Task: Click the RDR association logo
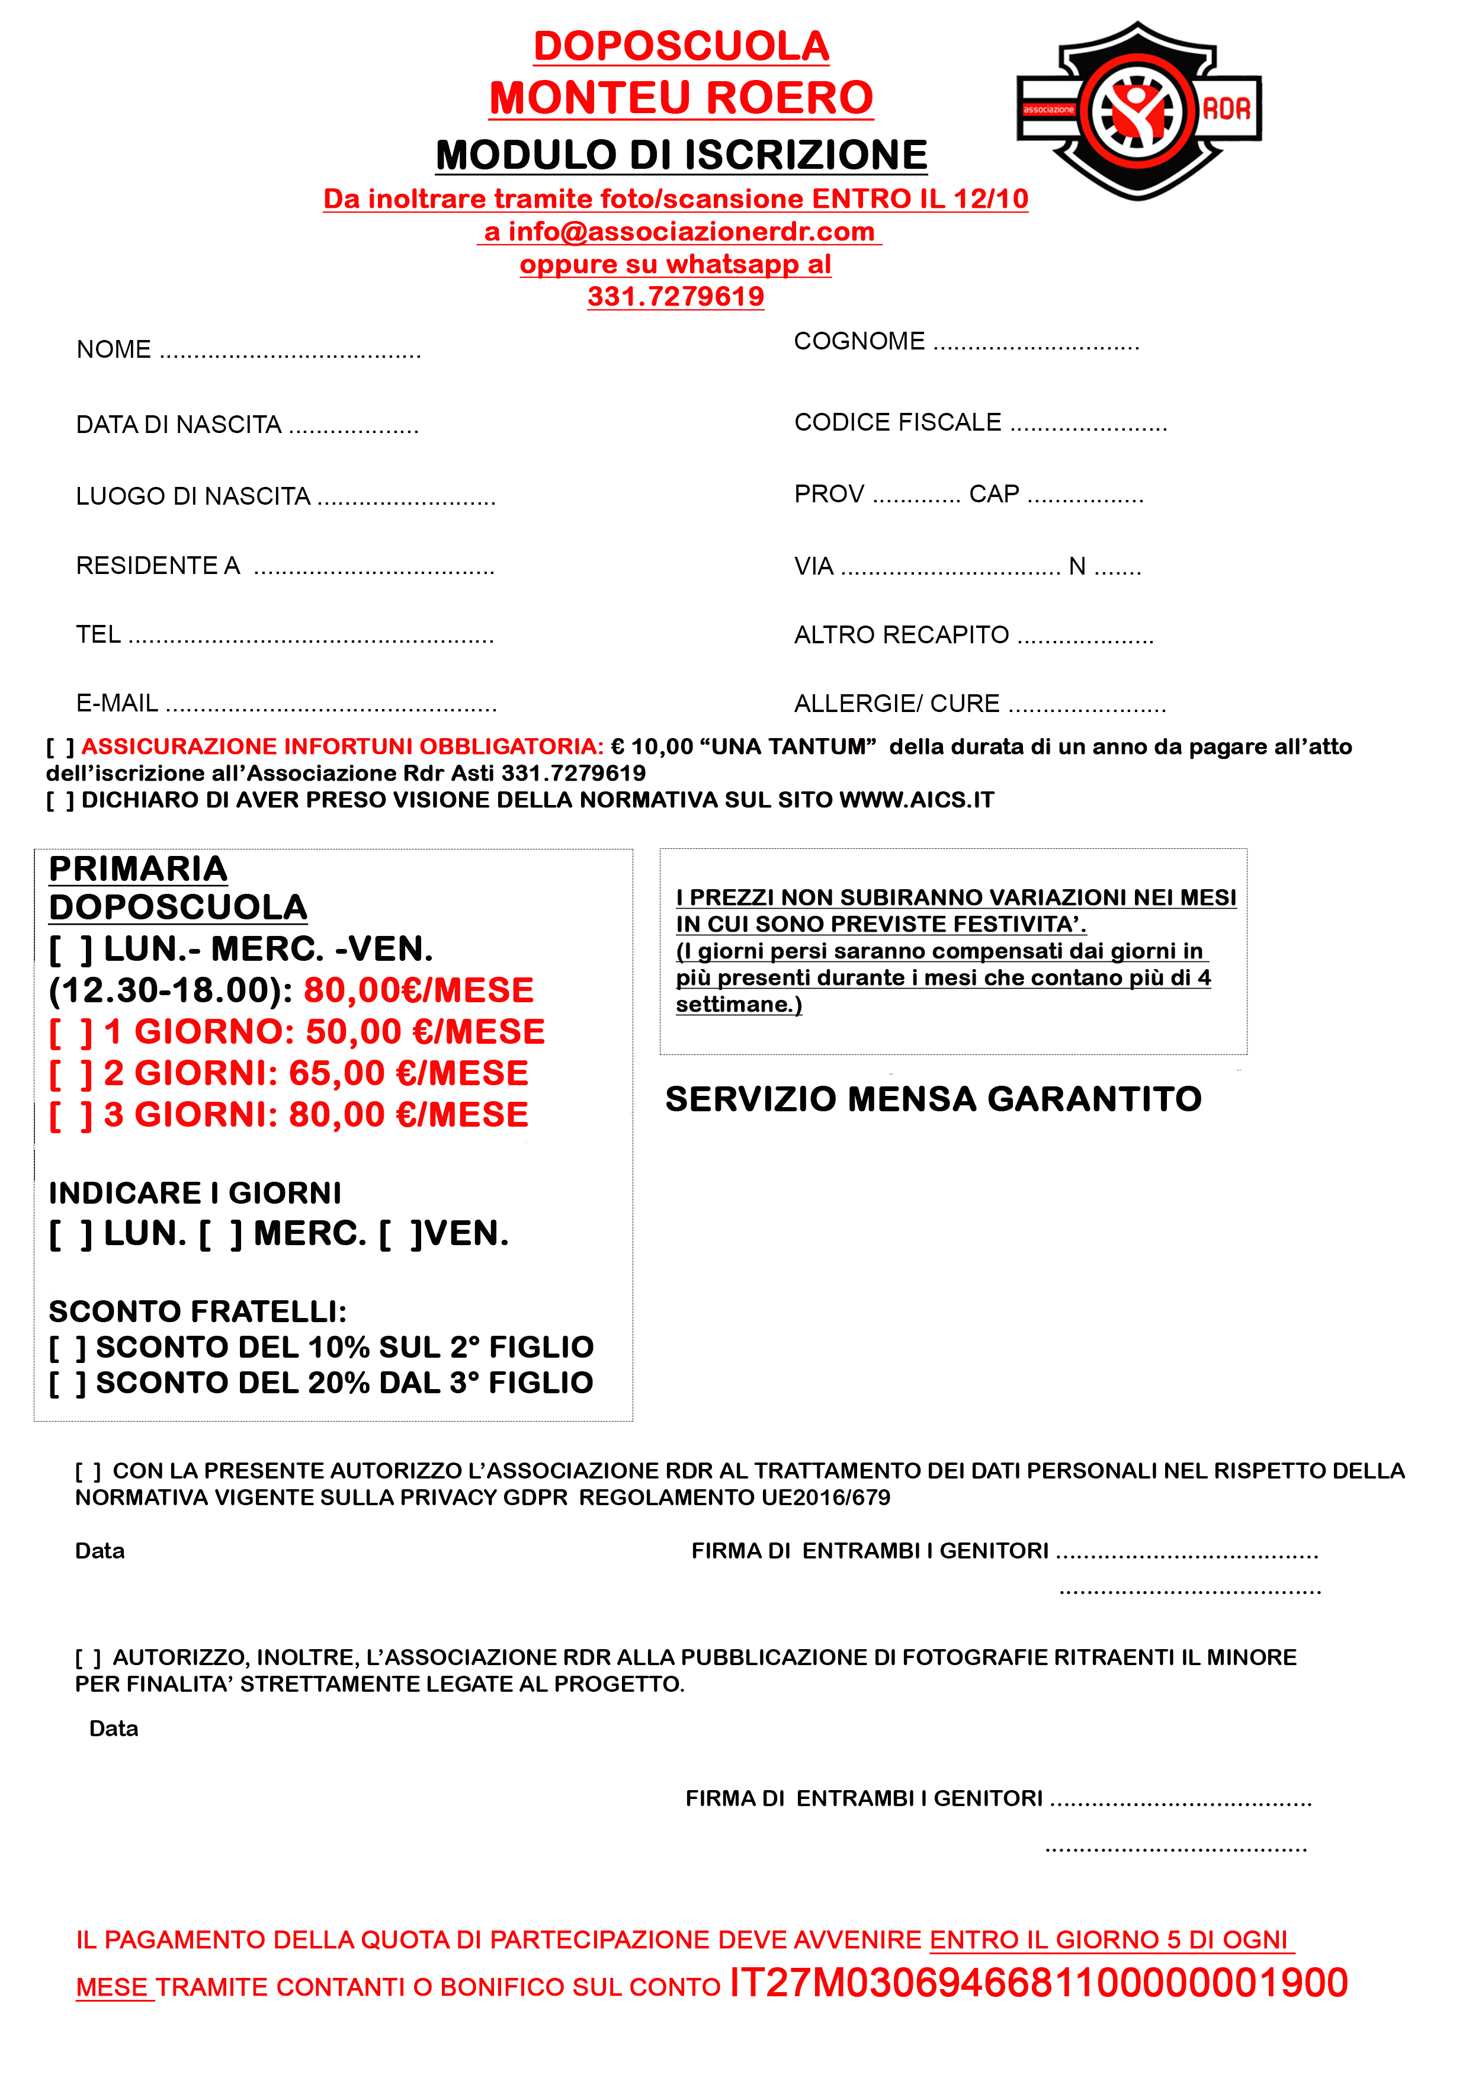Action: pos(1138,110)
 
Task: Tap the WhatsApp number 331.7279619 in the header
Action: pos(675,297)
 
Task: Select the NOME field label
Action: pos(113,350)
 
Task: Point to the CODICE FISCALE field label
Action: pos(897,423)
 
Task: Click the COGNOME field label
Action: pos(859,341)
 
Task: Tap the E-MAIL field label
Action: pos(117,703)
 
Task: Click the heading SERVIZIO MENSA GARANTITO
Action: pos(932,1099)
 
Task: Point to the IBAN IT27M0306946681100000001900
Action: pos(1038,1983)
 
